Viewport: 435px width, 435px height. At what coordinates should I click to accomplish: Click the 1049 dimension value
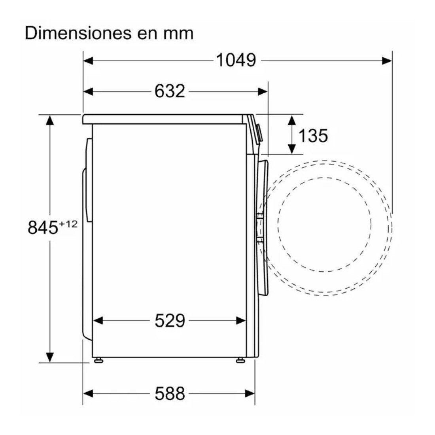pyautogui.click(x=236, y=60)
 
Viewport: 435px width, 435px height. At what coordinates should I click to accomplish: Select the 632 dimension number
pyautogui.click(x=170, y=91)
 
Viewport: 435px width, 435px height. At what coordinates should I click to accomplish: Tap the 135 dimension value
pyautogui.click(x=313, y=135)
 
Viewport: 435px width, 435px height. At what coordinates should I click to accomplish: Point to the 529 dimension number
pyautogui.click(x=170, y=321)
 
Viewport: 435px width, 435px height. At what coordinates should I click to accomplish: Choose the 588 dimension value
pyautogui.click(x=170, y=393)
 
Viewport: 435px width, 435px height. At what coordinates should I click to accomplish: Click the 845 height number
pyautogui.click(x=43, y=227)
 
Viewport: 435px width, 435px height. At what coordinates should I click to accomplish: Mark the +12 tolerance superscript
pyautogui.click(x=68, y=224)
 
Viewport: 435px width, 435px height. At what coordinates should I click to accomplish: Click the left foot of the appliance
pyautogui.click(x=98, y=360)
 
